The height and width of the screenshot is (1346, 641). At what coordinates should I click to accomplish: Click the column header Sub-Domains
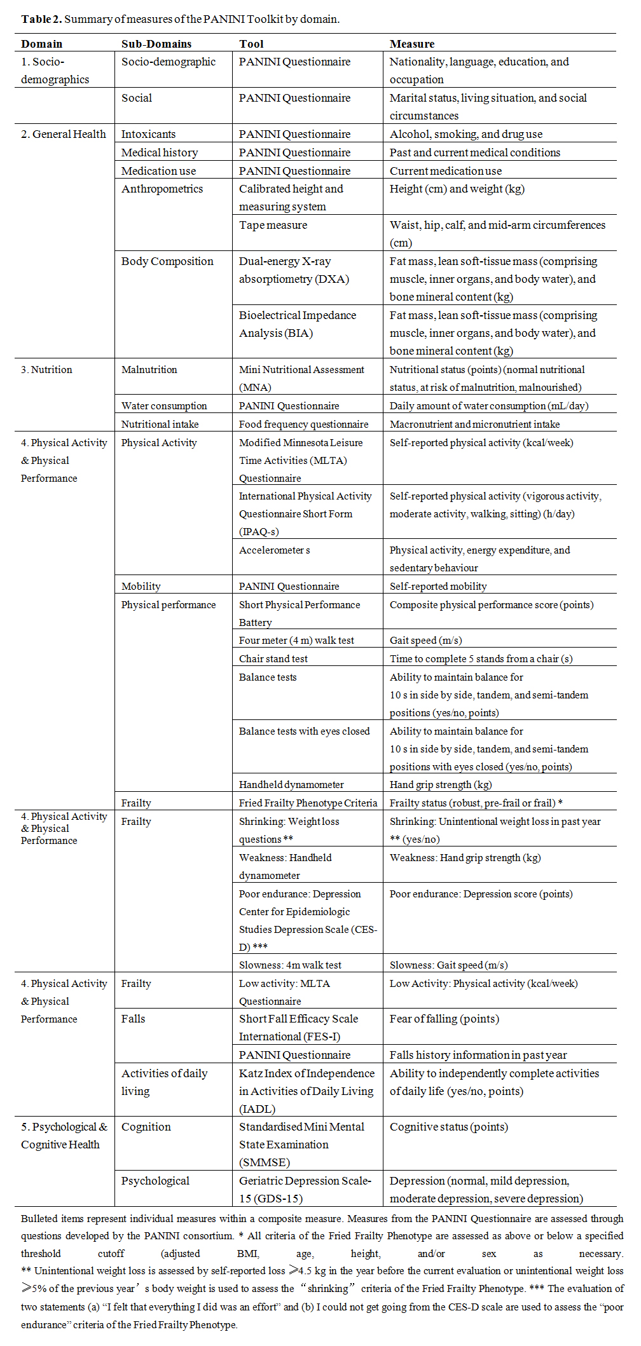156,44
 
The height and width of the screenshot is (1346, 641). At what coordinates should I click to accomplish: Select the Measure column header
412,44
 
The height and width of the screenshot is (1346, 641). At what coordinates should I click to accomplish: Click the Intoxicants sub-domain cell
148,134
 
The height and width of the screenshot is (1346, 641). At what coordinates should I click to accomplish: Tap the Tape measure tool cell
273,225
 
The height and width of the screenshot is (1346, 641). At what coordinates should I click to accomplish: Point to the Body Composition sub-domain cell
167,261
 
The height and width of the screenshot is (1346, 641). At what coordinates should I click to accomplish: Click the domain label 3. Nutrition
46,370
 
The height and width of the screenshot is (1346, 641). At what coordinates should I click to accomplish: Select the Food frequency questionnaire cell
303,424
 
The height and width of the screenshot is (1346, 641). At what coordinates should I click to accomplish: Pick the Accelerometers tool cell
274,550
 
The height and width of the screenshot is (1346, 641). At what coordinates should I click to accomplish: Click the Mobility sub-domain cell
141,587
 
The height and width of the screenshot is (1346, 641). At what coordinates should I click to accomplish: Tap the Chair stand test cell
273,659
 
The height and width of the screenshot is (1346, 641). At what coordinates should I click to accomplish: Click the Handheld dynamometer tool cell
291,785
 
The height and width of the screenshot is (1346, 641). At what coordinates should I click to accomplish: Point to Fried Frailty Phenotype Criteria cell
308,803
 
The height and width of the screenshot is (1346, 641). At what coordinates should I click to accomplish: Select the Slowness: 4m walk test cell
290,965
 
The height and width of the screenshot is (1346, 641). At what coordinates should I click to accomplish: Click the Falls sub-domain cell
133,1019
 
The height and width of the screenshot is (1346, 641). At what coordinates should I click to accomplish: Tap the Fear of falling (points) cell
444,1019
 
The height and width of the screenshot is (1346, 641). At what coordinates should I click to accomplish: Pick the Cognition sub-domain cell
146,1127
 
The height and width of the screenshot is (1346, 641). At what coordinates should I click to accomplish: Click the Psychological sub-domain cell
155,1181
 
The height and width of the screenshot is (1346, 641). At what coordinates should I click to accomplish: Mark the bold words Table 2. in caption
41,19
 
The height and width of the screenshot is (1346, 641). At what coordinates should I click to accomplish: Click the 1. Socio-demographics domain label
55,71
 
